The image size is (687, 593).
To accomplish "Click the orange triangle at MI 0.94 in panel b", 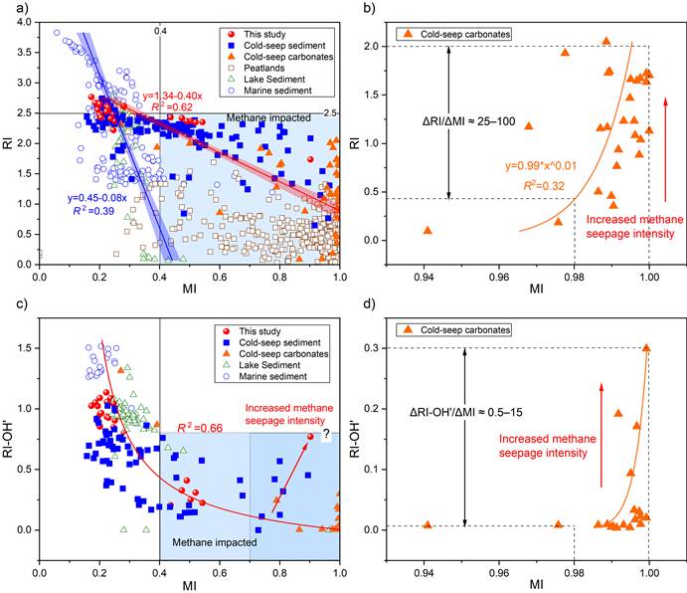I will [427, 230].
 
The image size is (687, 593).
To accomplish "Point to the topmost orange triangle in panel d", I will [645, 348].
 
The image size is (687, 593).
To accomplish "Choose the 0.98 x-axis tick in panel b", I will [575, 276].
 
